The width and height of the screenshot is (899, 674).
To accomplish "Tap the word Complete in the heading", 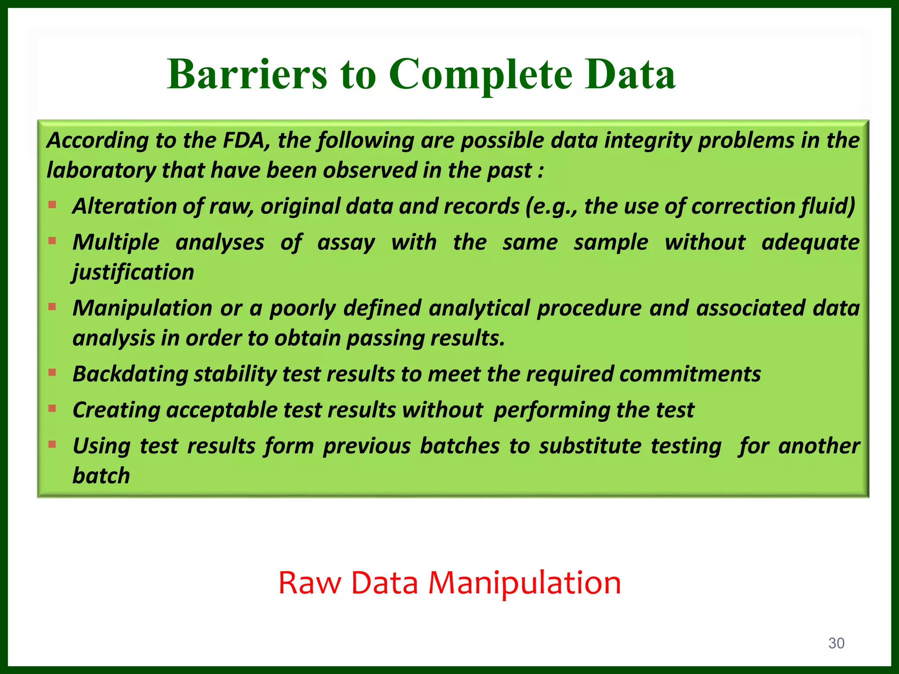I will tap(481, 75).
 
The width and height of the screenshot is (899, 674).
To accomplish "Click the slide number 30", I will tap(836, 643).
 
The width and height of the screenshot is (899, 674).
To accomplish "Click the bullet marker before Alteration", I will tap(53, 204).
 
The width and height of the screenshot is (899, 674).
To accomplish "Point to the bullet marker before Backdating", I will tap(53, 373).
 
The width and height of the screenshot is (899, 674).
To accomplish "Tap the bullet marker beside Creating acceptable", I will tap(53, 409).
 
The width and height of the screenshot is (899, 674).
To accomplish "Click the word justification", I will tap(133, 272).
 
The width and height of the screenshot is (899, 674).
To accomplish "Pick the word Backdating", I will tap(130, 374).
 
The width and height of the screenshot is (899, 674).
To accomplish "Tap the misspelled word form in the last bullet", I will tap(289, 446).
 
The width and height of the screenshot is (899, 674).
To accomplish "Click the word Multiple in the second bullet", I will tap(116, 242).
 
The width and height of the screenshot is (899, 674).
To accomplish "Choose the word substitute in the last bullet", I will tap(591, 446).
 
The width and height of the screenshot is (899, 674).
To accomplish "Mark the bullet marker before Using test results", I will tap(53, 445).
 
